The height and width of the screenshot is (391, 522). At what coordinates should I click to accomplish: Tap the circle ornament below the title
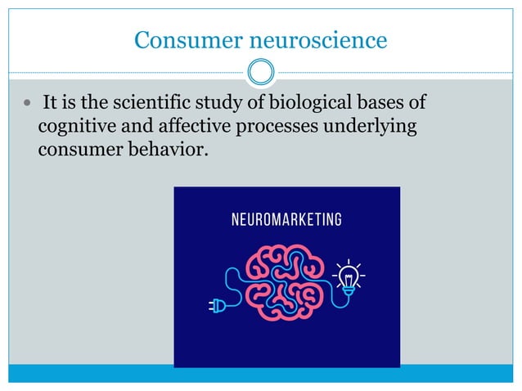click(261, 73)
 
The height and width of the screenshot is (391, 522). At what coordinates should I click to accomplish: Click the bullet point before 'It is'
click(29, 105)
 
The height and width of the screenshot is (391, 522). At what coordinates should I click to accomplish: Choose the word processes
click(275, 128)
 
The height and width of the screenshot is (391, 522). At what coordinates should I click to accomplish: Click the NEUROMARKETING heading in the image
click(286, 219)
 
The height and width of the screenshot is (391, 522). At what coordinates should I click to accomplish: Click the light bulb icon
click(349, 276)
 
